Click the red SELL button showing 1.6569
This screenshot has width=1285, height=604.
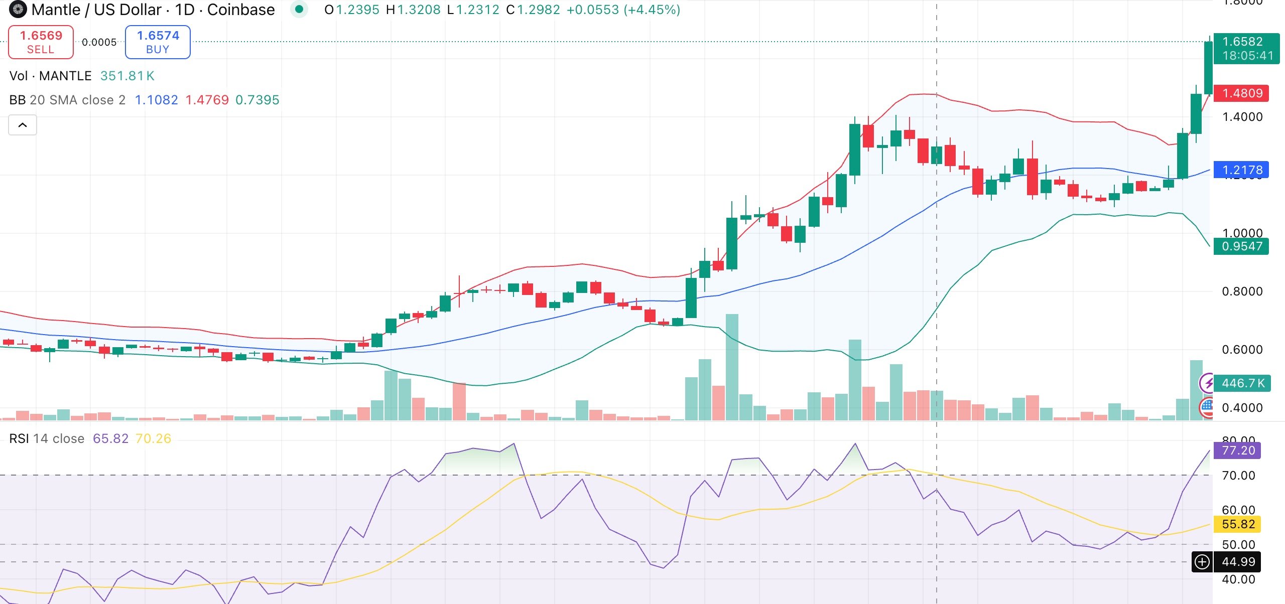pos(41,42)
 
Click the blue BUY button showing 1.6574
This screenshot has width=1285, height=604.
pos(158,42)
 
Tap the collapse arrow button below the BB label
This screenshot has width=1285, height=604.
pos(23,125)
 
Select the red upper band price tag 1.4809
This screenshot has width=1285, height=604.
pos(1242,93)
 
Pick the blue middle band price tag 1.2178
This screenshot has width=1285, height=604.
pos(1242,170)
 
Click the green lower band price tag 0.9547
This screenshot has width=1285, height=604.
pos(1242,246)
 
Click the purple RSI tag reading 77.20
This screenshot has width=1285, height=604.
pos(1238,450)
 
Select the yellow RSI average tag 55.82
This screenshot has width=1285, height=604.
pos(1238,524)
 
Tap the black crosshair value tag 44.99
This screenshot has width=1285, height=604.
pos(1238,562)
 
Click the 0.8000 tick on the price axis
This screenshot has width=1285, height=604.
pos(1242,291)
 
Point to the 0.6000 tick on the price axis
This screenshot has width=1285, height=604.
pos(1242,350)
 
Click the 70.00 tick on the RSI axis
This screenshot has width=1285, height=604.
pos(1238,476)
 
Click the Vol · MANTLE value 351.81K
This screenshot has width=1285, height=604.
pos(127,76)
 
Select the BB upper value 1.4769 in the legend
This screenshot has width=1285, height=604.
pos(207,100)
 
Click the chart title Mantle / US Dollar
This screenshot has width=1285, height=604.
pos(96,10)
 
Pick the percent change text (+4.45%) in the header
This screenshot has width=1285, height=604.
pos(652,10)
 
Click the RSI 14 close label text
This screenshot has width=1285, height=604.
pos(47,438)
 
